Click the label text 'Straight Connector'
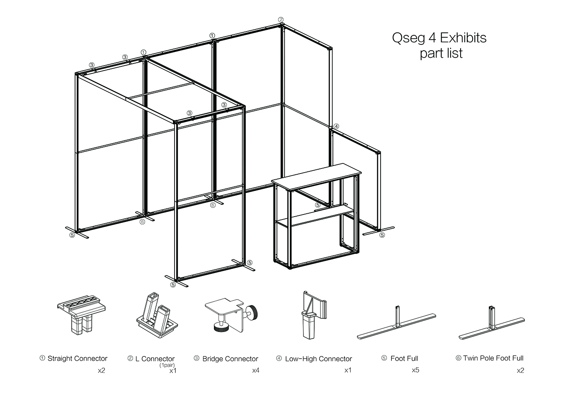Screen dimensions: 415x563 [x=77, y=359]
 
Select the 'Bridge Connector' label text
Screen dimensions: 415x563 [x=230, y=359]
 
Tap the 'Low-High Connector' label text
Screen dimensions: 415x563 [x=318, y=359]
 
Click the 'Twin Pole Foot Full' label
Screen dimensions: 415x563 [x=493, y=358]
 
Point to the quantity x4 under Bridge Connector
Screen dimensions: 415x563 [x=256, y=370]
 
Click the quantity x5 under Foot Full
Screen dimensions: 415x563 [x=415, y=370]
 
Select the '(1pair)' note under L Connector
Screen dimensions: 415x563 [x=167, y=365]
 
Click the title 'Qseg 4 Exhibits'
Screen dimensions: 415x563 [x=439, y=38]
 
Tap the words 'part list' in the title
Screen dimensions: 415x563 [x=441, y=54]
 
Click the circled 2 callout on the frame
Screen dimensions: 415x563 [x=281, y=20]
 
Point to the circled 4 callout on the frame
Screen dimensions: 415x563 [x=336, y=126]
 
